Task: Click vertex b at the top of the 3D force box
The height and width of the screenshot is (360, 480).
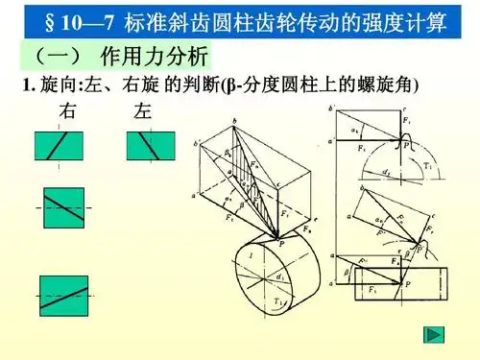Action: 233,120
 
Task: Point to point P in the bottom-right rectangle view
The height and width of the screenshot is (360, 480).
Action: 408,285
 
